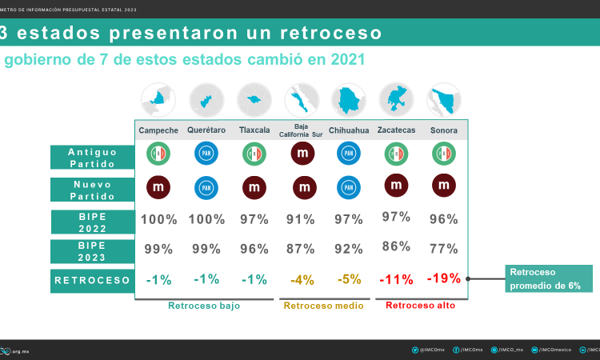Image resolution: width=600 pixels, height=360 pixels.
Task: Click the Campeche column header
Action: tap(158, 130)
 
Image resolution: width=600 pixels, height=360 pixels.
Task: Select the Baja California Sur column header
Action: tap(302, 130)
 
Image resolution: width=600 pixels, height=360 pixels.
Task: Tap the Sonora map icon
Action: tap(444, 100)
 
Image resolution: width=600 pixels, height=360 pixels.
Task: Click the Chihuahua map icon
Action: tap(349, 100)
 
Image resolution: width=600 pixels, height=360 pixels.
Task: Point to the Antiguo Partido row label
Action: tap(93, 157)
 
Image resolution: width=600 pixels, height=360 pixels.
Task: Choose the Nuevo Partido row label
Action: tap(93, 189)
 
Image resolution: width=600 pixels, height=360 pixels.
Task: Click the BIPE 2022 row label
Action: tap(93, 221)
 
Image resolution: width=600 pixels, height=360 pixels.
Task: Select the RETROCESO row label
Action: tap(93, 280)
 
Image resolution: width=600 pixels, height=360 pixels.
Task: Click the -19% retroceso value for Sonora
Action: tap(444, 279)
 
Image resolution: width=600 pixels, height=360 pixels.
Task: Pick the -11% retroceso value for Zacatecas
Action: tap(397, 280)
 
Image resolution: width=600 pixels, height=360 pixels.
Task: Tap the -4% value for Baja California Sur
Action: tap(302, 280)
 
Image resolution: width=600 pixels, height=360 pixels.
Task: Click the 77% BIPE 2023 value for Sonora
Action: tap(444, 248)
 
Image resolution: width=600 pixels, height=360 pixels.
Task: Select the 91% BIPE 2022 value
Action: tap(302, 219)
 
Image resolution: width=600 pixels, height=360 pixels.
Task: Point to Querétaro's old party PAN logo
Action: tap(206, 154)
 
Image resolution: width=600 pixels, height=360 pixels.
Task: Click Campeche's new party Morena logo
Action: tap(158, 187)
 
